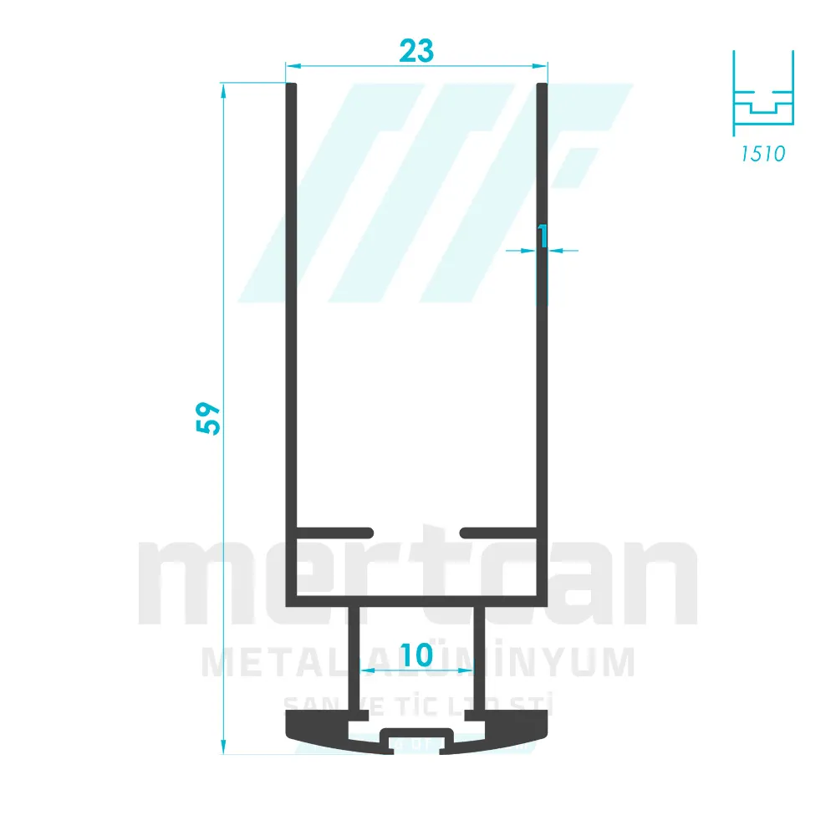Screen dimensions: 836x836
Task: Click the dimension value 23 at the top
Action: tap(416, 51)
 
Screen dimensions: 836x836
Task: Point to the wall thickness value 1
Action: tap(543, 237)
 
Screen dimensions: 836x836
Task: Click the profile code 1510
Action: tap(762, 154)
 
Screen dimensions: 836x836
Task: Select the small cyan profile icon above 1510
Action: tap(762, 92)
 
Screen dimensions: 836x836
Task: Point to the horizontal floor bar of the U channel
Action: tap(416, 600)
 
